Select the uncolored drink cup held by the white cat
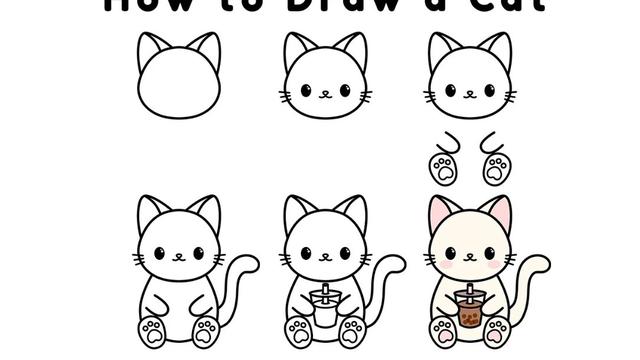[321, 311]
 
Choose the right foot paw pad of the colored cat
[496, 330]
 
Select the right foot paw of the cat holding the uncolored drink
[351, 330]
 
